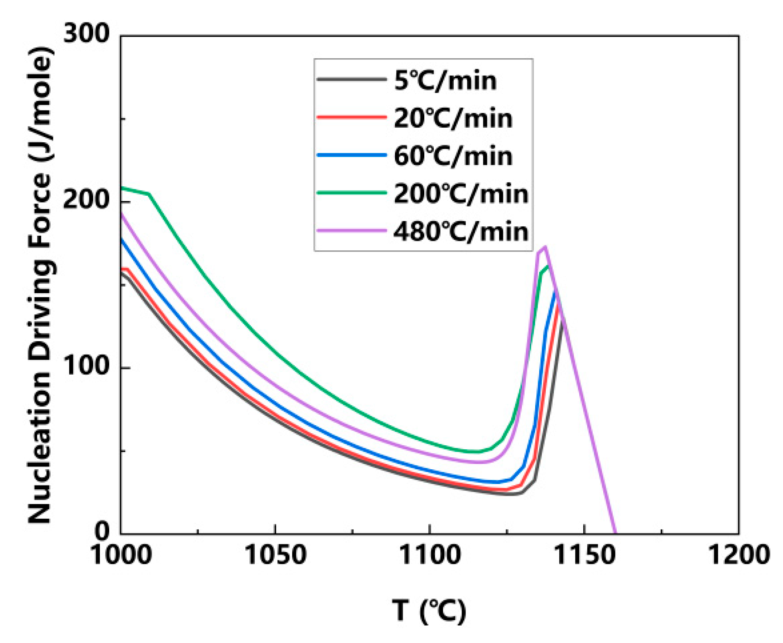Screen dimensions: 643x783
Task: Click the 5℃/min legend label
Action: point(445,80)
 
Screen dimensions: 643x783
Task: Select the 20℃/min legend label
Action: point(453,118)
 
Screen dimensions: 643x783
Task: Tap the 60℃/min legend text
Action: point(453,156)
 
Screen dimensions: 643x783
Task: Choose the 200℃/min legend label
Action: point(461,194)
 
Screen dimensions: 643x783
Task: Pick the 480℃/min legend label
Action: point(461,232)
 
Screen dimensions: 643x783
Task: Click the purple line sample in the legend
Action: point(351,231)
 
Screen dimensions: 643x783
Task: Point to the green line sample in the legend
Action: point(351,193)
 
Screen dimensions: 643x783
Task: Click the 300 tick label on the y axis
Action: point(86,33)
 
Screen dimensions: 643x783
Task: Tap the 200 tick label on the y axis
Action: point(86,200)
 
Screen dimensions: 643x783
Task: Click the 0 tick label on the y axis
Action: point(102,530)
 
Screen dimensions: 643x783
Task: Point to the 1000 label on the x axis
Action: point(121,555)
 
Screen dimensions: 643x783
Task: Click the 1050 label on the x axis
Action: point(275,555)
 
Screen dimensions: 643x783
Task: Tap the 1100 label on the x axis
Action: point(430,555)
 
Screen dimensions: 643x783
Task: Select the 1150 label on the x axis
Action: point(584,555)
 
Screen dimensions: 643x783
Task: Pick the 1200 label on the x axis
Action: point(739,555)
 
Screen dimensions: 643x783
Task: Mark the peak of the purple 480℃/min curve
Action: point(545,246)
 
